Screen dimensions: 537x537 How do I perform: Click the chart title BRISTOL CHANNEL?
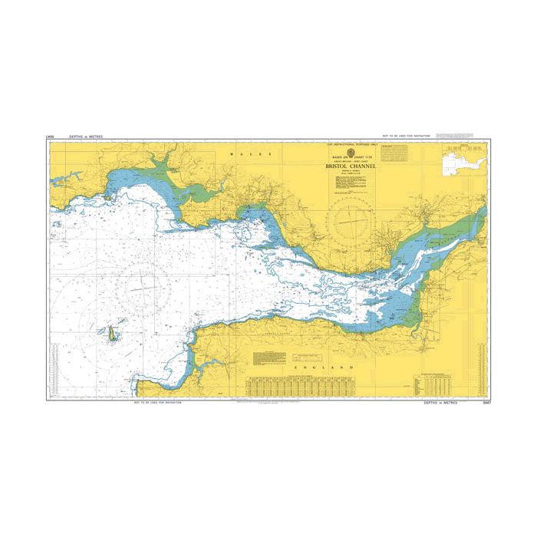(348, 164)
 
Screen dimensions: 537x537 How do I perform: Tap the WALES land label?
(283, 154)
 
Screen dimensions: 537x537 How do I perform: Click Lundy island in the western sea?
(110, 333)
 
